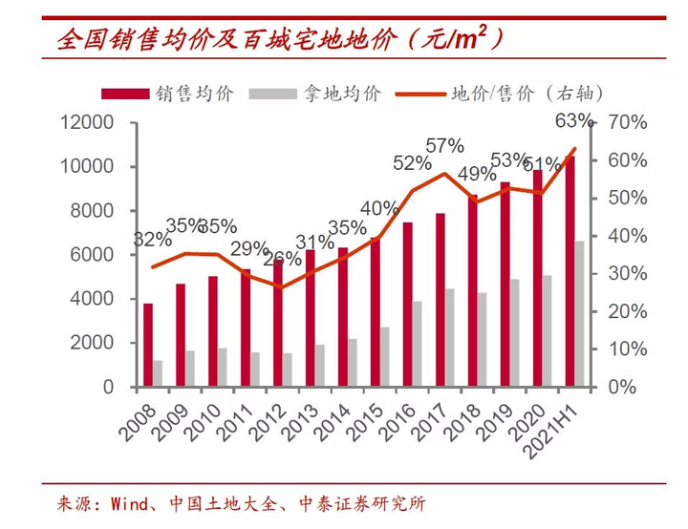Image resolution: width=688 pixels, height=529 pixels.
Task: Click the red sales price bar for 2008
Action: pos(148,345)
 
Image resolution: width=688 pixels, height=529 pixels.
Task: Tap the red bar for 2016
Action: pos(408,305)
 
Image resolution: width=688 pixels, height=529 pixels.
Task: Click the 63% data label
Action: pos(574,121)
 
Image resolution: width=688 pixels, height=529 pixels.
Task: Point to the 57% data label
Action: pos(444,146)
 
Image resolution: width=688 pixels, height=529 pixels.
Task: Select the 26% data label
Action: pos(281,259)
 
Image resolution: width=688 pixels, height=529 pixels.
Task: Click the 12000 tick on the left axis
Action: pos(86,123)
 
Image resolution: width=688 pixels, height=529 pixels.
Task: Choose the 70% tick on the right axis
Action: pos(627,123)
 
